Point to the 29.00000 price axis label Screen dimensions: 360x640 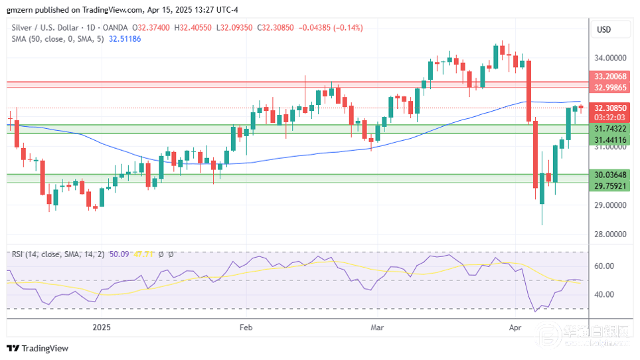pos(609,205)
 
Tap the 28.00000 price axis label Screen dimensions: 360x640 pos(609,234)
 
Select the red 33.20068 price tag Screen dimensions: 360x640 pos(609,76)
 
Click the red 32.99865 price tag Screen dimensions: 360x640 pos(609,88)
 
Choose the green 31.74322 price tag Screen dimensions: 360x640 pos(609,128)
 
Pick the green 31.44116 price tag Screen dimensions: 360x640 pos(609,139)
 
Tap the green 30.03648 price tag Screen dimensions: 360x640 pos(609,175)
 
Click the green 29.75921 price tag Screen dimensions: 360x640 pos(609,186)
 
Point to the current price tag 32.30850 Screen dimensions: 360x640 pos(609,108)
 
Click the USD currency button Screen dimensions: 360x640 pos(604,30)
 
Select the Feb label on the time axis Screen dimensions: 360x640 pos(246,327)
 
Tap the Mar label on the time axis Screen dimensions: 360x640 pos(378,327)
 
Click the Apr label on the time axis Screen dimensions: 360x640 pos(515,327)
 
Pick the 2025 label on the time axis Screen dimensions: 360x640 pos(102,327)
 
